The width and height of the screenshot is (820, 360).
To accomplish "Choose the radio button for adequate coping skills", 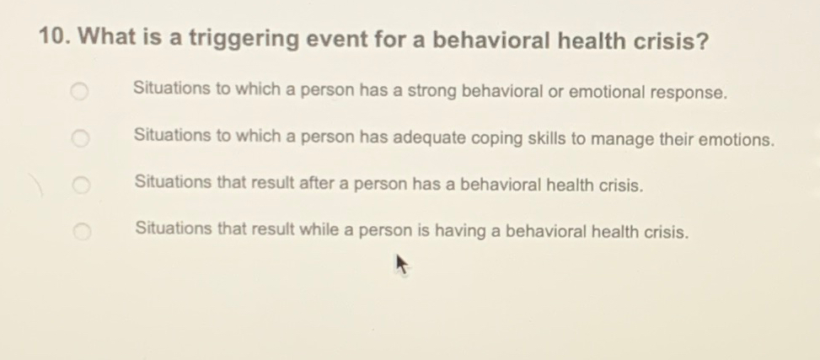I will pyautogui.click(x=79, y=137).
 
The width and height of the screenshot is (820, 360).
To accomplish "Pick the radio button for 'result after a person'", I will pyautogui.click(x=79, y=184).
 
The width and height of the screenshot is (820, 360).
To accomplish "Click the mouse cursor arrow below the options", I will pyautogui.click(x=402, y=267).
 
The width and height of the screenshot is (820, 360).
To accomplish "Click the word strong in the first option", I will pyautogui.click(x=431, y=92).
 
